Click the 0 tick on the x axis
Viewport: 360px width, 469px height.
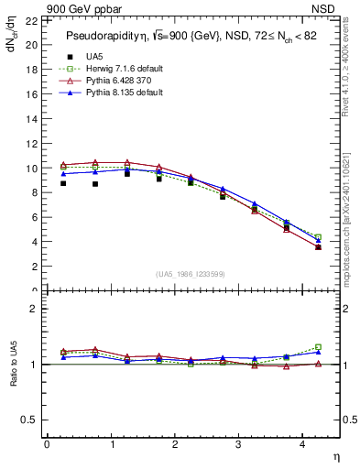tap(47, 445)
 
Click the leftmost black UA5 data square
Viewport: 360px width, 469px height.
tap(63, 183)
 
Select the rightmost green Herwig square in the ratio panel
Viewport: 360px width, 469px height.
tap(318, 347)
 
